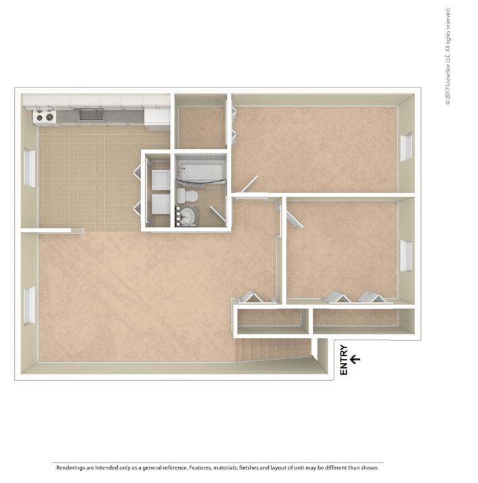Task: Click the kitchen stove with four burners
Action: (x=45, y=117)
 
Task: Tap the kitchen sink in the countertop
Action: (x=91, y=114)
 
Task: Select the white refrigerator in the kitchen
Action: (x=157, y=116)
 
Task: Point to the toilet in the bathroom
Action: (x=188, y=196)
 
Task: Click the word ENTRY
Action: (x=344, y=360)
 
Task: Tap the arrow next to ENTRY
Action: (x=355, y=360)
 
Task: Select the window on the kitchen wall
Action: (x=29, y=168)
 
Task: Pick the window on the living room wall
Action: (x=30, y=306)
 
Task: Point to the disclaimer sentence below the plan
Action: (x=217, y=468)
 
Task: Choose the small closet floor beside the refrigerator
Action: (x=200, y=127)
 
